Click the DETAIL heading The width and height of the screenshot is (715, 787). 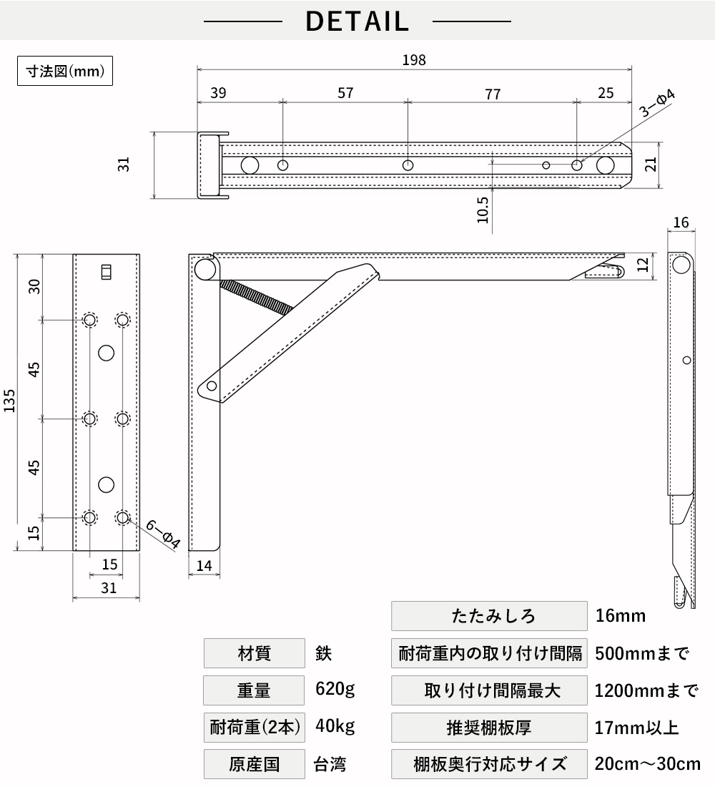357,21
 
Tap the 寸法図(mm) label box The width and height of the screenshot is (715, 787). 65,71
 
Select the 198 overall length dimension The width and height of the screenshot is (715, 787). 414,60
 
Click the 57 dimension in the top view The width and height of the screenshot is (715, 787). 345,93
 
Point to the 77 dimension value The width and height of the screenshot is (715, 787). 493,94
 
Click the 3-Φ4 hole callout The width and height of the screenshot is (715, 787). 657,103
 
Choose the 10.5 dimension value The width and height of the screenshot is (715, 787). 483,210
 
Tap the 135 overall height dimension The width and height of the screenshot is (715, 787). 9,401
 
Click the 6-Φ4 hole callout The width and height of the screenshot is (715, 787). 163,534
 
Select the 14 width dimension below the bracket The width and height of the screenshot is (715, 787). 204,566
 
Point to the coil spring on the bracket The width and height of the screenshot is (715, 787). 256,297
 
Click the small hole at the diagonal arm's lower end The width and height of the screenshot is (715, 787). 212,386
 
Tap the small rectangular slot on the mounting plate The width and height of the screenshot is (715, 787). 106,272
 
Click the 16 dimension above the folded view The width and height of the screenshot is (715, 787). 681,223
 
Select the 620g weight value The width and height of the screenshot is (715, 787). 335,689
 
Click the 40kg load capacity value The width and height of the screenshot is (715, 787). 335,726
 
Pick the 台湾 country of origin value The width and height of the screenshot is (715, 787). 330,764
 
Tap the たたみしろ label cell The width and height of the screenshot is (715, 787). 489,616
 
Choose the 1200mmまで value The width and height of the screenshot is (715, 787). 647,690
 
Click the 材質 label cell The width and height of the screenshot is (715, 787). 255,653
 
